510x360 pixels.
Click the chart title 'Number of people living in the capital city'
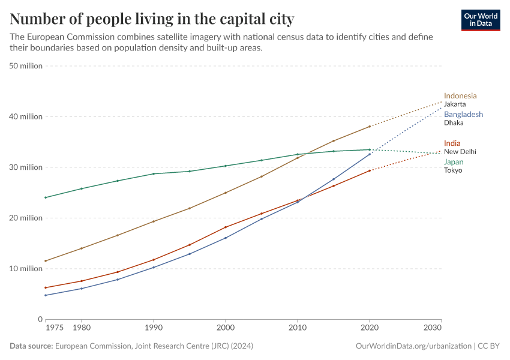pyautogui.click(x=152, y=19)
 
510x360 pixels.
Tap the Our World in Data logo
pyautogui.click(x=480, y=20)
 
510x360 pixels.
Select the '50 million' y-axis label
pyautogui.click(x=26, y=66)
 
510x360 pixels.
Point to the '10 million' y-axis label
pyautogui.click(x=26, y=268)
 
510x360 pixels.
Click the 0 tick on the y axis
pyautogui.click(x=40, y=319)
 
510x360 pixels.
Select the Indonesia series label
pyautogui.click(x=460, y=95)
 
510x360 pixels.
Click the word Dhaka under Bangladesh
pyautogui.click(x=454, y=122)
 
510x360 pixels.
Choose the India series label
pyautogui.click(x=452, y=143)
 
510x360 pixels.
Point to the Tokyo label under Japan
pyautogui.click(x=453, y=170)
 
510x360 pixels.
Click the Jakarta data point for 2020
pyautogui.click(x=370, y=127)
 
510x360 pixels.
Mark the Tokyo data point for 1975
pyautogui.click(x=46, y=197)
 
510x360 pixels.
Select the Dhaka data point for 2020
pyautogui.click(x=370, y=154)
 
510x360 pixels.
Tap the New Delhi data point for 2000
pyautogui.click(x=226, y=227)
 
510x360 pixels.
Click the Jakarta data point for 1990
pyautogui.click(x=154, y=221)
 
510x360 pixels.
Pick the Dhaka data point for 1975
pyautogui.click(x=46, y=295)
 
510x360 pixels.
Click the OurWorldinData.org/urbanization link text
pyautogui.click(x=413, y=346)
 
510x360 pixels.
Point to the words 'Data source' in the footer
pyautogui.click(x=31, y=346)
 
